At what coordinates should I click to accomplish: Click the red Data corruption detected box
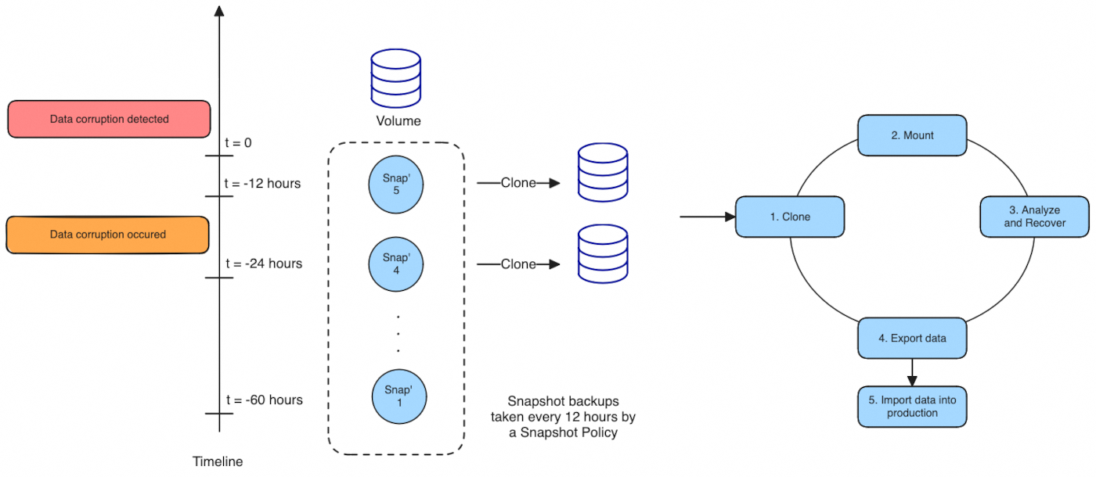pyautogui.click(x=109, y=119)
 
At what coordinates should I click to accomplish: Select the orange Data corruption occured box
pyautogui.click(x=107, y=235)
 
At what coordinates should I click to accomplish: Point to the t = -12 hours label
pyautogui.click(x=261, y=184)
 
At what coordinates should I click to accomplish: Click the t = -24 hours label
pyautogui.click(x=263, y=264)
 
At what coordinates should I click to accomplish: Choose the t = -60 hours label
pyautogui.click(x=263, y=400)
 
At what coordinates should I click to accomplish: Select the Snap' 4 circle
pyautogui.click(x=396, y=264)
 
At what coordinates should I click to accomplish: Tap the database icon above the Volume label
pyautogui.click(x=396, y=78)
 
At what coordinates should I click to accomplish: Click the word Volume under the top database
pyautogui.click(x=398, y=121)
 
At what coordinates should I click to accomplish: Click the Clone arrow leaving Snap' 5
pyautogui.click(x=519, y=183)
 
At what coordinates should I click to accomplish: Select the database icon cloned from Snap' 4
pyautogui.click(x=602, y=253)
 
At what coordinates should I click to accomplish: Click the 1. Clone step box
pyautogui.click(x=790, y=217)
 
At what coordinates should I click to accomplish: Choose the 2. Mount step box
pyautogui.click(x=912, y=135)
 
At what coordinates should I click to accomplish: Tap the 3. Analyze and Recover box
pyautogui.click(x=1034, y=217)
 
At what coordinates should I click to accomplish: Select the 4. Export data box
pyautogui.click(x=912, y=338)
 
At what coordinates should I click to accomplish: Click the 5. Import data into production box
pyautogui.click(x=912, y=407)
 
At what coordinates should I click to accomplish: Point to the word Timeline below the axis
pyautogui.click(x=218, y=461)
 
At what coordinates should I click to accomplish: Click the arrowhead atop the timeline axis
pyautogui.click(x=219, y=11)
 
